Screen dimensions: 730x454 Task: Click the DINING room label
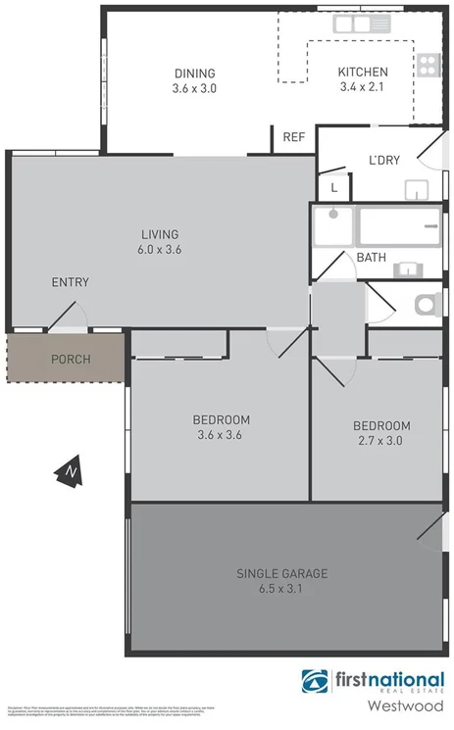194,73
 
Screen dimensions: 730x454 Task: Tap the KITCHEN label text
363,73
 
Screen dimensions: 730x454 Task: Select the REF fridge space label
293,137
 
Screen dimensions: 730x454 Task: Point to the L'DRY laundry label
383,161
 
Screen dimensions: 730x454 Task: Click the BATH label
371,259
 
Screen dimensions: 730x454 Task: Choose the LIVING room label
160,234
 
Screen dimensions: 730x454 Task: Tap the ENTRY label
70,282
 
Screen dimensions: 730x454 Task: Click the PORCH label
71,360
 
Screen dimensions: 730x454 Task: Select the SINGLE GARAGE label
281,573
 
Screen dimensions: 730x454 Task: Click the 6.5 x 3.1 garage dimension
281,589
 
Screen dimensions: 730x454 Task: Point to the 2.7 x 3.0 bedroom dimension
381,441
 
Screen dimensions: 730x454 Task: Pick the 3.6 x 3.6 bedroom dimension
221,435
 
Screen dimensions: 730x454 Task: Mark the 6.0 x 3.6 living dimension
160,249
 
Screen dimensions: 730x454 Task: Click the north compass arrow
71,472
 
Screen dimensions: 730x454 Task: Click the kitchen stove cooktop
429,65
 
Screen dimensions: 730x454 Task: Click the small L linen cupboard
334,186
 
